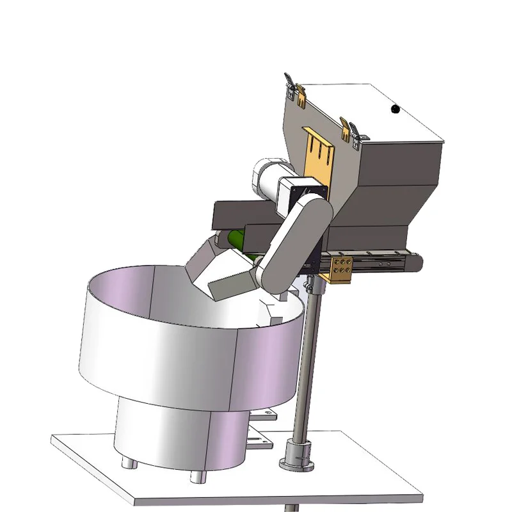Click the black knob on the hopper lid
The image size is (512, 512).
pyautogui.click(x=395, y=109)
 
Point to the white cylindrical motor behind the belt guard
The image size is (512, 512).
pyautogui.click(x=267, y=177)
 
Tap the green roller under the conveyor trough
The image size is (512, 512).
pyautogui.click(x=236, y=241)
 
